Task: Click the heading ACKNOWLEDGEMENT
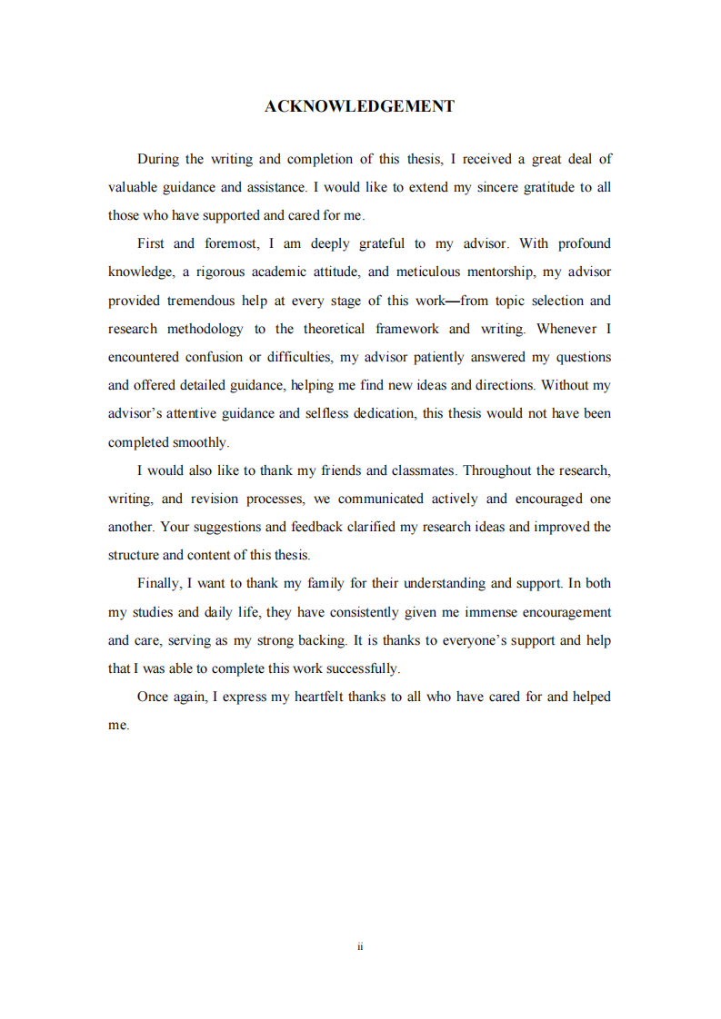[x=359, y=106]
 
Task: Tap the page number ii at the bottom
[x=360, y=946]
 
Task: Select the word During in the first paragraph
[x=157, y=159]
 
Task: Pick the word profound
[x=585, y=243]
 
